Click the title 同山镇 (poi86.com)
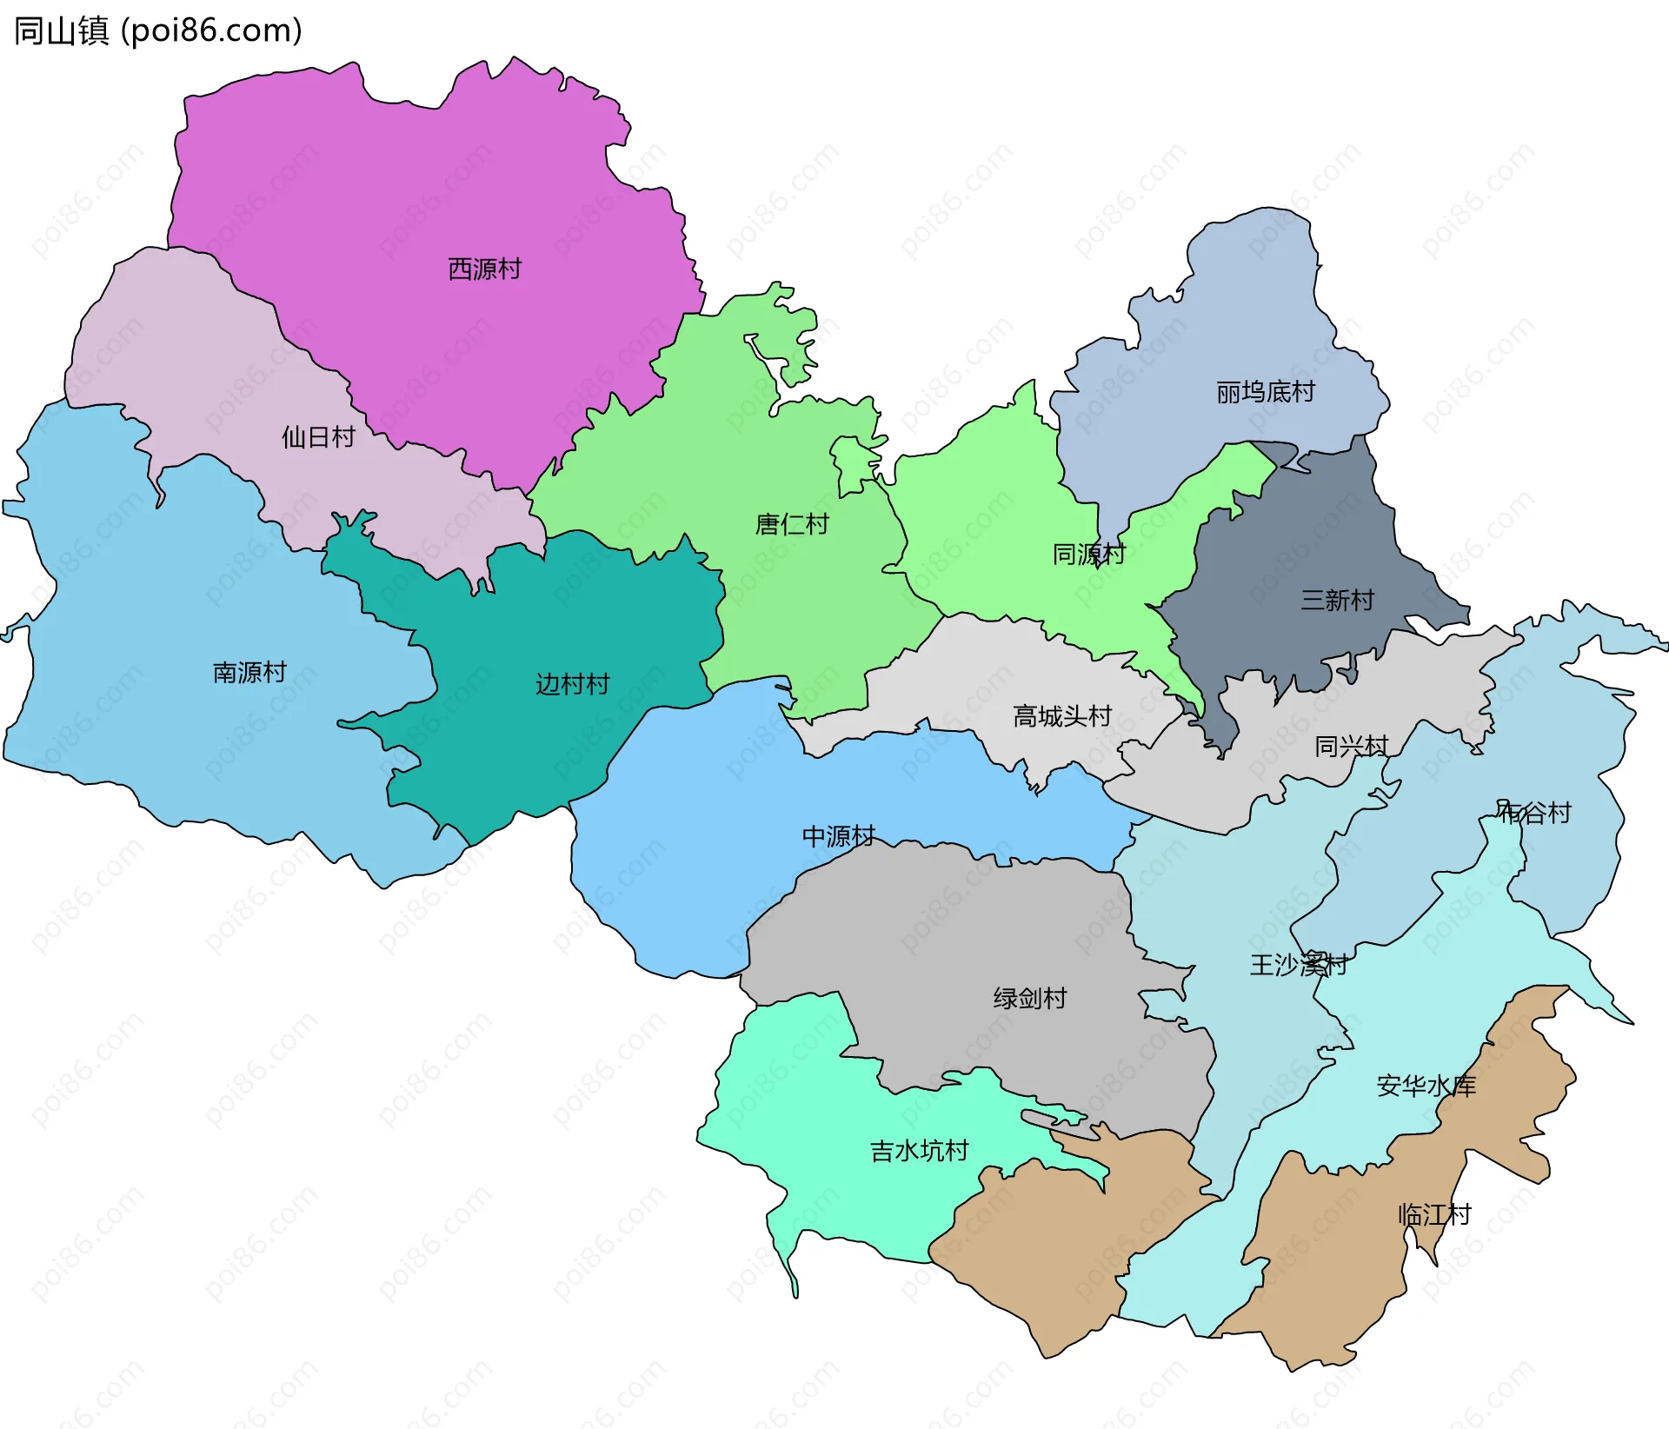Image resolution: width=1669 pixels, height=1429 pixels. tap(157, 30)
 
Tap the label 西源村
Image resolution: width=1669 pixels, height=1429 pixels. tap(484, 269)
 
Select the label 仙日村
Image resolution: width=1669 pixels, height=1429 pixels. tap(318, 436)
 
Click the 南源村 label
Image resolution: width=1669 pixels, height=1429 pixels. tap(249, 672)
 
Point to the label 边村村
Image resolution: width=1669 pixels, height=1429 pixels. tap(572, 684)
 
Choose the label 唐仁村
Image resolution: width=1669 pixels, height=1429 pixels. tap(791, 524)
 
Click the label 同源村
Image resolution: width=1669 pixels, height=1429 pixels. tap(1088, 554)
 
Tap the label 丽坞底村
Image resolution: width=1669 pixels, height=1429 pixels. tap(1265, 392)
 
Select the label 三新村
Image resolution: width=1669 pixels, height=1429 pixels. tap(1336, 600)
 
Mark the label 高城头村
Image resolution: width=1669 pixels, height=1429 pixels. tap(1061, 716)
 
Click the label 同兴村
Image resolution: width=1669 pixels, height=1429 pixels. tap(1350, 746)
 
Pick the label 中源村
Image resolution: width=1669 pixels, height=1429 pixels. tap(838, 836)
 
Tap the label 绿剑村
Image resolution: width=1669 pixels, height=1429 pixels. tap(1029, 998)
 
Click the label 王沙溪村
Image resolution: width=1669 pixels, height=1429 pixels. tap(1298, 964)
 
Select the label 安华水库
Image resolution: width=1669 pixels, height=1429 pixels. tap(1426, 1086)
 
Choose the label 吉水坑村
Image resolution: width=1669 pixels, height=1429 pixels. tap(919, 1151)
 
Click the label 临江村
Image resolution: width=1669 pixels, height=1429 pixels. tap(1434, 1214)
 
